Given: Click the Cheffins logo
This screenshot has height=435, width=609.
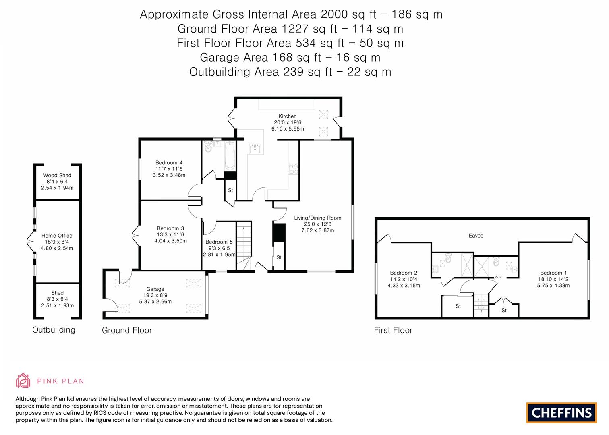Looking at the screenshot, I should (x=561, y=412).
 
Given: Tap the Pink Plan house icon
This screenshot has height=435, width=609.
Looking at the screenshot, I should (x=23, y=380).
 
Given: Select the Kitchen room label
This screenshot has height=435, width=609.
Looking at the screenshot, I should (x=288, y=116).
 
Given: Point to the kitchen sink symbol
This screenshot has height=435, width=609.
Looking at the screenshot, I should (x=255, y=149).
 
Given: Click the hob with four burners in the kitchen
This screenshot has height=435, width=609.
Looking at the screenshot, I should (x=293, y=169).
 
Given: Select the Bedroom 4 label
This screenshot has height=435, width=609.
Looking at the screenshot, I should (x=169, y=163).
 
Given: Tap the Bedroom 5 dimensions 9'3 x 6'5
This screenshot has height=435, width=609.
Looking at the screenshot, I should (x=219, y=248).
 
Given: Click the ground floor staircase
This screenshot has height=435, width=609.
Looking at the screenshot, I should (x=243, y=246).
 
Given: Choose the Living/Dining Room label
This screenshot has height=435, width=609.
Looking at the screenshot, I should (x=317, y=218).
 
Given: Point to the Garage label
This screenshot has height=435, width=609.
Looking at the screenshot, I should (x=155, y=289).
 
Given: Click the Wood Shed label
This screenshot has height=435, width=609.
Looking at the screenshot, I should (x=57, y=175).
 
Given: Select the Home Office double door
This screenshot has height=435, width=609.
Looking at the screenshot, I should (x=31, y=242).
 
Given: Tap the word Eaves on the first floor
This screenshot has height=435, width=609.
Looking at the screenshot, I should (x=476, y=236).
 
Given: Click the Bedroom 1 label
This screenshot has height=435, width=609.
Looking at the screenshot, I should (x=553, y=273).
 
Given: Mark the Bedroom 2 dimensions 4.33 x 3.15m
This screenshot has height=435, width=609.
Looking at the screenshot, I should (x=404, y=286).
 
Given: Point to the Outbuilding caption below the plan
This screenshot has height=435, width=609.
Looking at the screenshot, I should (x=54, y=330).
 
